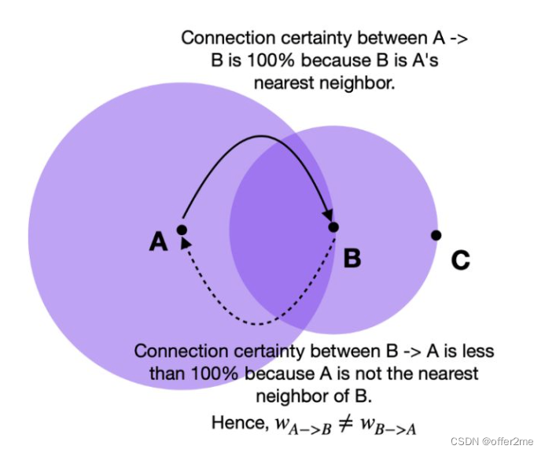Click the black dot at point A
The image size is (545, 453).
[x=182, y=230]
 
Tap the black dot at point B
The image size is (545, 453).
[x=333, y=227]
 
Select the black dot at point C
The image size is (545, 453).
[x=436, y=235]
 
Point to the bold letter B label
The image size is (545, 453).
[x=352, y=257]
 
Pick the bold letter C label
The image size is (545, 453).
[x=461, y=260]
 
